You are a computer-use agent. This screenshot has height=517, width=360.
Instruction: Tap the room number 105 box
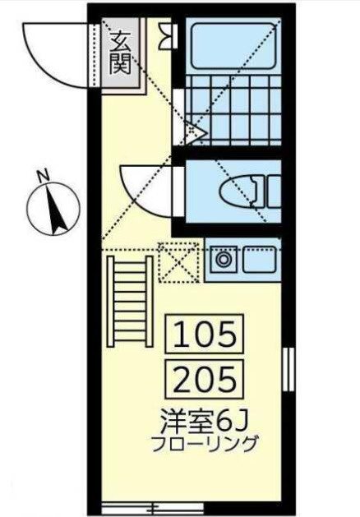tap(205, 334)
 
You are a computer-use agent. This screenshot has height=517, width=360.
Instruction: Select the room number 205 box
tap(205, 380)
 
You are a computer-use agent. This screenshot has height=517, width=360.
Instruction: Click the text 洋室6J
tap(204, 422)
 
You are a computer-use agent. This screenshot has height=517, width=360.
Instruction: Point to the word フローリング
tap(204, 444)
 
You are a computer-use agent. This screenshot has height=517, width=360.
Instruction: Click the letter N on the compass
tap(43, 177)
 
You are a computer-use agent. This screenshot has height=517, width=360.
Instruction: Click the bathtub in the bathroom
tap(233, 46)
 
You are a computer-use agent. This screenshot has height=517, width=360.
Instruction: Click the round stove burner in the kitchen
tap(224, 260)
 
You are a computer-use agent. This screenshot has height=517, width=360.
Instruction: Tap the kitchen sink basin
tap(260, 259)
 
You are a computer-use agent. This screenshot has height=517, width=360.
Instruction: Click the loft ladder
tap(130, 301)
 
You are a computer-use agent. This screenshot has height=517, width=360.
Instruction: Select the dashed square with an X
tap(178, 263)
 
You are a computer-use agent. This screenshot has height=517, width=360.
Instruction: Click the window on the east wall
tap(288, 368)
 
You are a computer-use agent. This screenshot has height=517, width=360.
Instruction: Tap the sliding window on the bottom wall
tap(152, 507)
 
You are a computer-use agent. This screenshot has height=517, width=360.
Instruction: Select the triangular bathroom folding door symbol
tap(196, 132)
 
